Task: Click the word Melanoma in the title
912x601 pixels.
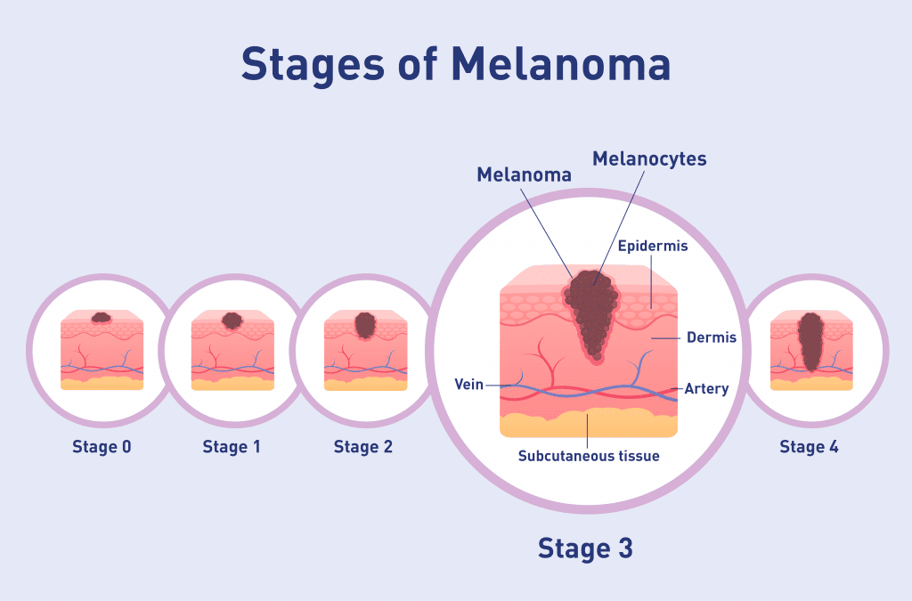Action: click(561, 63)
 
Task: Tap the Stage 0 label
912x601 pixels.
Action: click(102, 446)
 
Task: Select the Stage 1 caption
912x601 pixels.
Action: click(232, 446)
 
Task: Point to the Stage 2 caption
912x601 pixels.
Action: click(363, 446)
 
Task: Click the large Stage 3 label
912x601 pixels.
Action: click(585, 548)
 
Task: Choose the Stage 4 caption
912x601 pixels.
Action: click(809, 446)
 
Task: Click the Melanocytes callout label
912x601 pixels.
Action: click(649, 158)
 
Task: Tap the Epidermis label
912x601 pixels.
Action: click(653, 246)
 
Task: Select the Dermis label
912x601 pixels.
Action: click(712, 337)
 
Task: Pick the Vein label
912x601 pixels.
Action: click(468, 385)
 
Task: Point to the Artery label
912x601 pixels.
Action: click(706, 388)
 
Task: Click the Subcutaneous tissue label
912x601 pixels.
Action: click(589, 456)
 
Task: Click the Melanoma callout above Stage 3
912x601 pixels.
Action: click(524, 175)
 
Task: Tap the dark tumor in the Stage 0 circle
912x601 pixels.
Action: click(102, 317)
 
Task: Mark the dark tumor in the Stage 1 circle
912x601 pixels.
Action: click(232, 321)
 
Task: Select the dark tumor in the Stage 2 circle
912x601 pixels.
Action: click(365, 326)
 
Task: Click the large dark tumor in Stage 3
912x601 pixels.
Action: click(591, 314)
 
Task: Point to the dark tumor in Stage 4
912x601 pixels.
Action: click(810, 342)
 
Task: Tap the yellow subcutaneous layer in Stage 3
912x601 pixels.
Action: click(589, 423)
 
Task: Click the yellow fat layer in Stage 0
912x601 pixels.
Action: click(102, 384)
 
